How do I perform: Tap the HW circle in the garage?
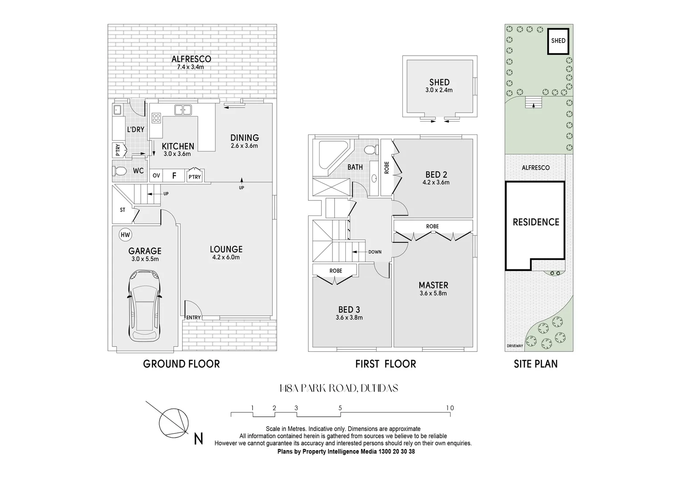(125, 235)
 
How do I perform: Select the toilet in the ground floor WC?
(120, 171)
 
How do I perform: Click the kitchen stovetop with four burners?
(156, 118)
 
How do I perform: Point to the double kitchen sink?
(183, 110)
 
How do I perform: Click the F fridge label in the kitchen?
(174, 176)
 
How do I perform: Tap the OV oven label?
(156, 176)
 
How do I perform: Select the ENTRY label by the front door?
(193, 318)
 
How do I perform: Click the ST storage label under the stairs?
(123, 210)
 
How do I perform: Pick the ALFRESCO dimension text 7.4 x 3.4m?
(191, 67)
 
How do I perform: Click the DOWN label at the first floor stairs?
(375, 252)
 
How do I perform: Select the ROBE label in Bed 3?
(336, 271)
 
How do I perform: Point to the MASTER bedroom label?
(433, 285)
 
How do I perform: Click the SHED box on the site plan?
(558, 41)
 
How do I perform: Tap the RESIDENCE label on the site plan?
(536, 222)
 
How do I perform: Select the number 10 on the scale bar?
(450, 408)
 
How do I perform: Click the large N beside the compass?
(199, 439)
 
